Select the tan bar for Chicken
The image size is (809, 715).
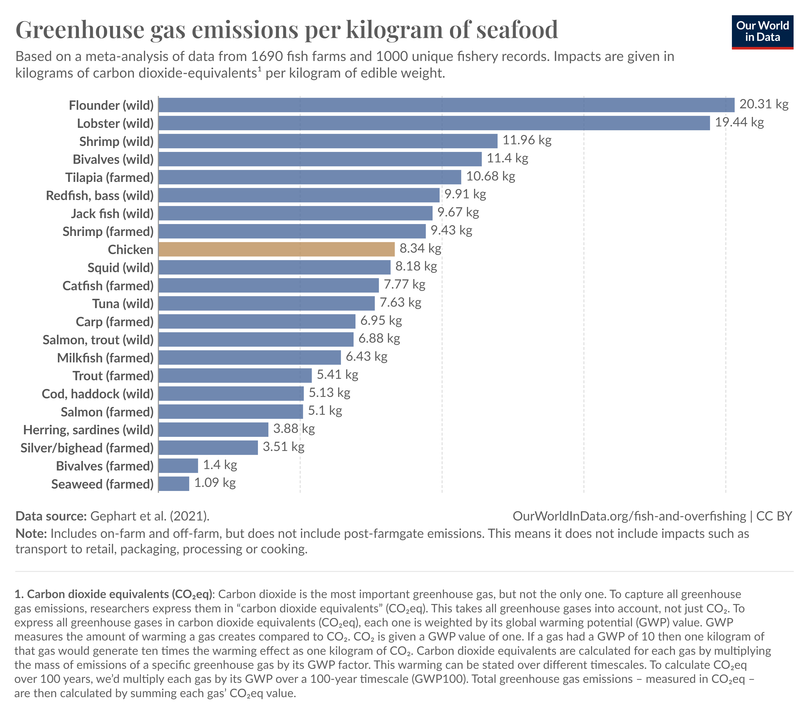[x=276, y=249]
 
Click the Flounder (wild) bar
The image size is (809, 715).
[x=446, y=105]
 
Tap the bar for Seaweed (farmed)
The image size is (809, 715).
[x=174, y=484]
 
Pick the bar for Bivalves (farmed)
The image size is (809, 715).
[x=178, y=465]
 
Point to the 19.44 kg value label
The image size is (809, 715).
[x=739, y=122]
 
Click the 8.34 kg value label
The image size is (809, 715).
[x=420, y=248]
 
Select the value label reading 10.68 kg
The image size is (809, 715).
[x=490, y=176]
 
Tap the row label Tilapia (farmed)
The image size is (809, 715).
[x=109, y=177]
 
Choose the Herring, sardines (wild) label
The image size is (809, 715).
[x=88, y=430]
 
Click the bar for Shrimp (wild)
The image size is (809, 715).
[x=328, y=141]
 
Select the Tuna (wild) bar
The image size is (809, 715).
[x=266, y=303]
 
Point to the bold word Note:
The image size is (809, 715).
[x=31, y=534]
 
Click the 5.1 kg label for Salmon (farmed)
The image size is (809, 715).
[x=325, y=411]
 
